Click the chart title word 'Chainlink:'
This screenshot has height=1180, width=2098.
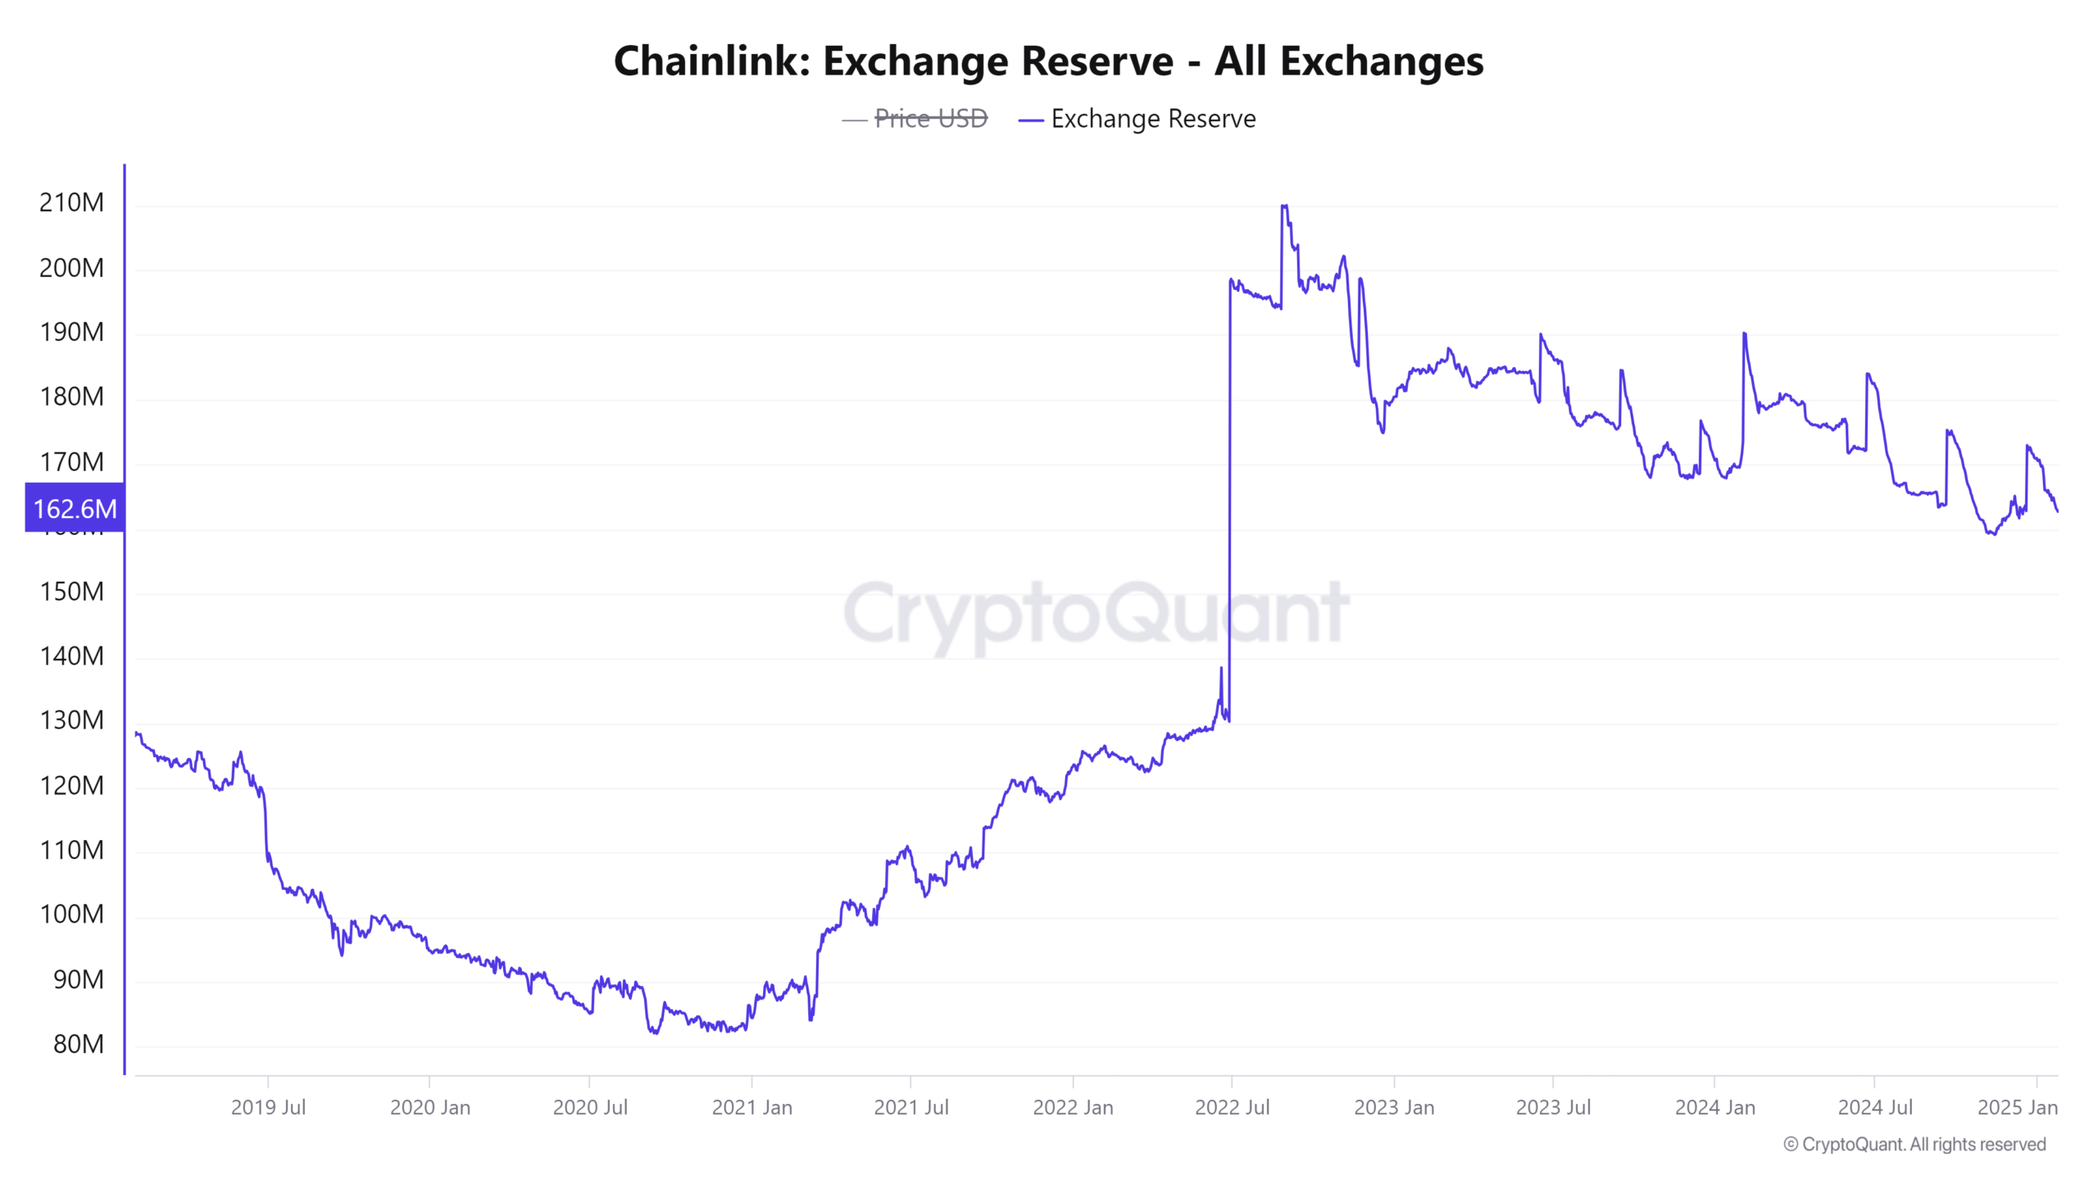pos(711,61)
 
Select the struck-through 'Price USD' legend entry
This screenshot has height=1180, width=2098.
pos(930,119)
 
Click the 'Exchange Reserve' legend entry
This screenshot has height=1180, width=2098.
pos(1152,119)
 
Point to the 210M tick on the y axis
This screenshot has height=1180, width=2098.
pos(72,202)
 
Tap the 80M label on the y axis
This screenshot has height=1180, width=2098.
pos(79,1044)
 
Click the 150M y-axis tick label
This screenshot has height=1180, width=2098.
pos(72,592)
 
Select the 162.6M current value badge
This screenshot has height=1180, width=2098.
pos(75,509)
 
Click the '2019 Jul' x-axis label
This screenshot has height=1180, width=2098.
pos(268,1108)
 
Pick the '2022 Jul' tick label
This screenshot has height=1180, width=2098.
pos(1232,1108)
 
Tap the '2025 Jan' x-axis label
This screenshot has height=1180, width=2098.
pos(2017,1108)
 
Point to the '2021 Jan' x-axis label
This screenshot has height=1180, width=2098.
pos(752,1108)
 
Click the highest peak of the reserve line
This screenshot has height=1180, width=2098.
pos(1283,206)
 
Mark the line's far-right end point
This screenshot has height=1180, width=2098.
pos(2057,511)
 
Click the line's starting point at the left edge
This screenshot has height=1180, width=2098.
pos(136,733)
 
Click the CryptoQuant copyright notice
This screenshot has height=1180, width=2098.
pos(1914,1145)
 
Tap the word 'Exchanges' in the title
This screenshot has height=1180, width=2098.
pos(1382,61)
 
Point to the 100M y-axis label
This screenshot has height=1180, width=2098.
pos(72,914)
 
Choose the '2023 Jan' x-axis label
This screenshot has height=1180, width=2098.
pos(1393,1108)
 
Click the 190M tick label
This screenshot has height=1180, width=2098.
pos(72,332)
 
